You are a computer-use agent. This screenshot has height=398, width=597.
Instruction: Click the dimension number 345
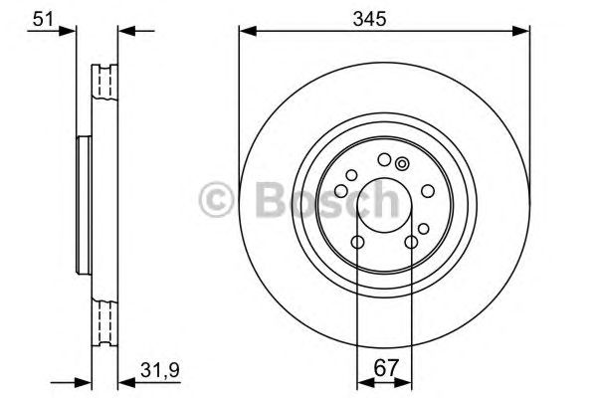(383, 17)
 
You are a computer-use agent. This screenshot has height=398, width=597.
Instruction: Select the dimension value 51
(43, 17)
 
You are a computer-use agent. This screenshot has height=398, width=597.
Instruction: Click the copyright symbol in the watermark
(215, 199)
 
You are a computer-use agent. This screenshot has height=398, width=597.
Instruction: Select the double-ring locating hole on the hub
(402, 164)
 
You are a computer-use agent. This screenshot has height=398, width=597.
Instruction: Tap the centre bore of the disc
(383, 206)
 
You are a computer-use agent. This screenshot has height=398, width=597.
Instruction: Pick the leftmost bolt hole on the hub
(339, 192)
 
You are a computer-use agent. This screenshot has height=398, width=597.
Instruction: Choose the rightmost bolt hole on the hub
(427, 192)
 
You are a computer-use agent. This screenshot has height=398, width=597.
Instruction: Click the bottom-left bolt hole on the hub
(356, 244)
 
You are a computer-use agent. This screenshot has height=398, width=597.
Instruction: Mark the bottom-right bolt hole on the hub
(410, 244)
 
